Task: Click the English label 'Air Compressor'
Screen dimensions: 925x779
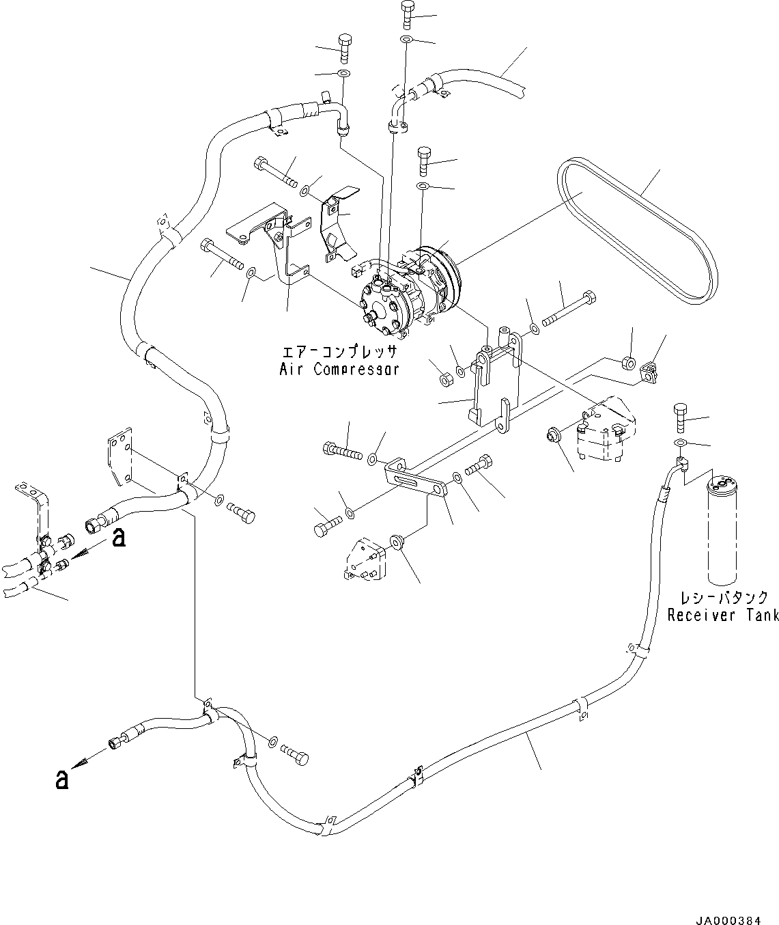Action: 339,370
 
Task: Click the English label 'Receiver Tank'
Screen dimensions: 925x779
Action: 722,616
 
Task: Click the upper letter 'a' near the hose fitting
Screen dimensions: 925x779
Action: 119,538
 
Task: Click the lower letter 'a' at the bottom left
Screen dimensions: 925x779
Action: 62,779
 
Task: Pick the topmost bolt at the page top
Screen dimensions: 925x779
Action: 408,14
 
